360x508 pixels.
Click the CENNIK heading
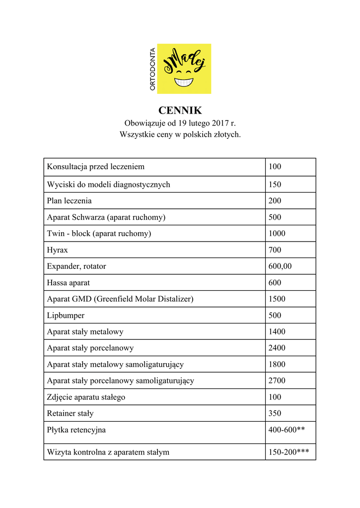(180, 110)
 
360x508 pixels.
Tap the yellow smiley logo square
(184, 68)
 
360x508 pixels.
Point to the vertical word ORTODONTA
(152, 69)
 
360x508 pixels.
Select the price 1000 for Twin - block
(277, 233)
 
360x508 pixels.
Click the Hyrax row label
(57, 250)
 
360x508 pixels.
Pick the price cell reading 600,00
(280, 266)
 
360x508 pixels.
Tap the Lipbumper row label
(66, 315)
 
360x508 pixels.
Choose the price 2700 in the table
(277, 381)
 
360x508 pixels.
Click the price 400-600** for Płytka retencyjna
(287, 430)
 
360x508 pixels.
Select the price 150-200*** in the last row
(288, 452)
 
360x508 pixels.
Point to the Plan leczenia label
(69, 200)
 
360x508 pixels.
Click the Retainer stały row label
(70, 413)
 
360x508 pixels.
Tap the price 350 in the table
(275, 413)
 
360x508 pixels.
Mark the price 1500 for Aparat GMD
(277, 299)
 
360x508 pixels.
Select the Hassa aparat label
(68, 282)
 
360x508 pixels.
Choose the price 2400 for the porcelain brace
(277, 348)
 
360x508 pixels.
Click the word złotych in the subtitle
(225, 134)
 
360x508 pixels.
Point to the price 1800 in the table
(277, 364)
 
